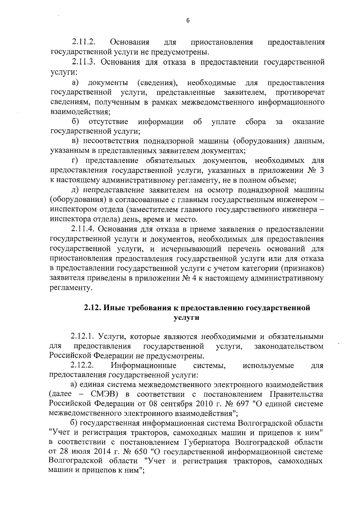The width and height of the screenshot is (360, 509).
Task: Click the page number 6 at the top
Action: click(x=188, y=20)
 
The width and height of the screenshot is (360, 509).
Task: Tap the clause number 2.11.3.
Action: click(x=84, y=62)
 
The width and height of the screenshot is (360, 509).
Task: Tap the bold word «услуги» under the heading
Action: click(x=187, y=318)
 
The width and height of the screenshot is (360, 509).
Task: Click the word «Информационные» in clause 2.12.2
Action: click(x=143, y=366)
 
